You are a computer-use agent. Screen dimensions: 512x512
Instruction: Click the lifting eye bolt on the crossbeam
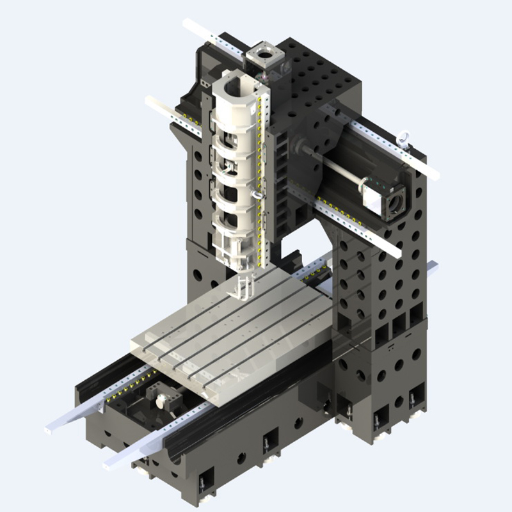pos(404,137)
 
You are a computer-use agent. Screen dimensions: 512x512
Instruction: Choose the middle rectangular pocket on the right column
pos(399,324)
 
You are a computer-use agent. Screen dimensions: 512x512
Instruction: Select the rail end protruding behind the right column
pos(433,266)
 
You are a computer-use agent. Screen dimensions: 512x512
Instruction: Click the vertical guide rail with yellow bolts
pos(260,179)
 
